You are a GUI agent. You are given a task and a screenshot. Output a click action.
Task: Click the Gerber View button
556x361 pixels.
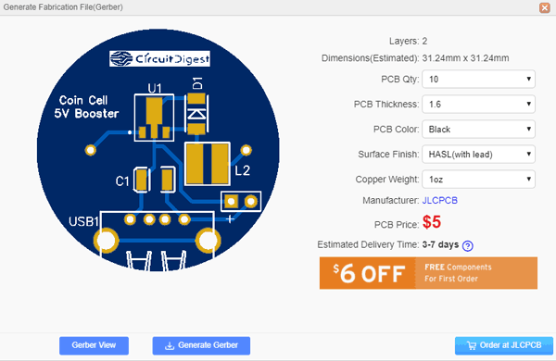pyautogui.click(x=94, y=345)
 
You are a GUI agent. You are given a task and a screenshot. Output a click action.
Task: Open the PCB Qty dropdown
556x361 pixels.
pyautogui.click(x=478, y=80)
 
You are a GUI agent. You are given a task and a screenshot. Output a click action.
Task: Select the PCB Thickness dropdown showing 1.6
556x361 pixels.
pyautogui.click(x=478, y=105)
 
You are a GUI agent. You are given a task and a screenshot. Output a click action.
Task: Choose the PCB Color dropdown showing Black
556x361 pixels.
pyautogui.click(x=478, y=130)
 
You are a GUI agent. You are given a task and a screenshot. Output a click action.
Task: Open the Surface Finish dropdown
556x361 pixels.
pyautogui.click(x=478, y=155)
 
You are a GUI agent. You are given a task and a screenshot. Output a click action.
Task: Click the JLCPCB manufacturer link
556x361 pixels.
pyautogui.click(x=441, y=201)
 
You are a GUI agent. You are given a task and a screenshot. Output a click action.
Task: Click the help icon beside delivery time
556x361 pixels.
pyautogui.click(x=468, y=246)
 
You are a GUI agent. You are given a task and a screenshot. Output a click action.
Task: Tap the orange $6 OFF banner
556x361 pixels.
pyautogui.click(x=428, y=273)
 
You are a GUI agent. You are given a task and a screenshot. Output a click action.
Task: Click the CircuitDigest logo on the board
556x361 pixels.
pyautogui.click(x=159, y=58)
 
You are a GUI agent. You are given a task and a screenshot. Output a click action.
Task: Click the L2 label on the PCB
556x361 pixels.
pyautogui.click(x=242, y=171)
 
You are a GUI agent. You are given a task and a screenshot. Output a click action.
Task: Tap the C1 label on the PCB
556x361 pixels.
pyautogui.click(x=122, y=180)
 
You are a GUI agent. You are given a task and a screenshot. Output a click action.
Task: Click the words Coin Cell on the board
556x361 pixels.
pyautogui.click(x=84, y=100)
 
